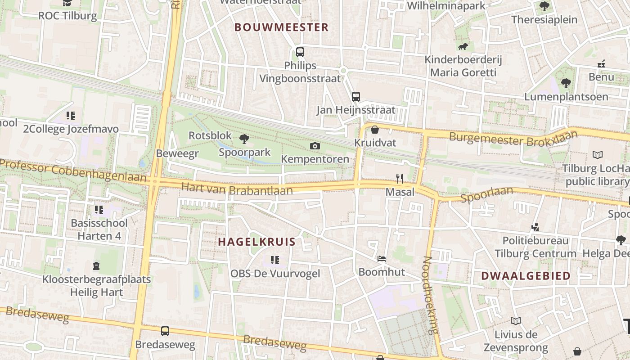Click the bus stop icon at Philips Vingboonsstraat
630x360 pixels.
[300, 52]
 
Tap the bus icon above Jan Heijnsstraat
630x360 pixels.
[355, 96]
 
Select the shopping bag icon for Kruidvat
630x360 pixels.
[374, 130]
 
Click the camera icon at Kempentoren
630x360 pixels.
[315, 146]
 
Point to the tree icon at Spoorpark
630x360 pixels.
[244, 139]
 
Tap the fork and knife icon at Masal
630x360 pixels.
[399, 179]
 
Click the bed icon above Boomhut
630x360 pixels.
[381, 259]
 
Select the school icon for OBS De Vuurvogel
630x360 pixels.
[275, 260]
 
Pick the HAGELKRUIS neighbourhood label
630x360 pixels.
[257, 242]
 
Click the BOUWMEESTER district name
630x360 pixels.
[282, 27]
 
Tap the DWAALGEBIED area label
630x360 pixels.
[526, 276]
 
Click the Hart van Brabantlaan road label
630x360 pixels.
[237, 189]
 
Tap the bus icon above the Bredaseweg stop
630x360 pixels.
[165, 331]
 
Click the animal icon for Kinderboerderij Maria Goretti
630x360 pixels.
[463, 47]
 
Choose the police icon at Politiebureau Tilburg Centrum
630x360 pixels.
[535, 227]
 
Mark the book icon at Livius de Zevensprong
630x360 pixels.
[516, 321]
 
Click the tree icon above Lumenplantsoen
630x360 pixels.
[566, 83]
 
